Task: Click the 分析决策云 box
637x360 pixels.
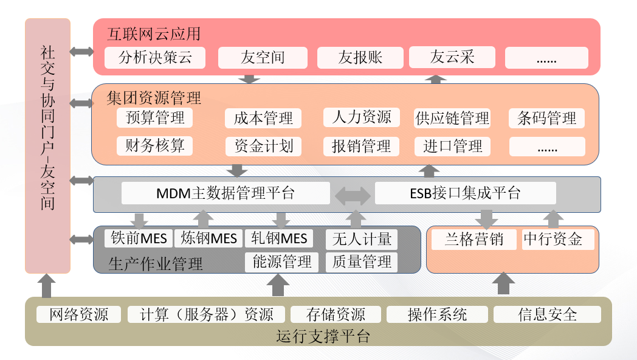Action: [x=155, y=58]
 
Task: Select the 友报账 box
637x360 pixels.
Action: [x=360, y=58]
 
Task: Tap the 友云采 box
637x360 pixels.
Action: [x=452, y=58]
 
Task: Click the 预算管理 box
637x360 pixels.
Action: [x=155, y=117]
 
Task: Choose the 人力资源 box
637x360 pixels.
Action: [x=362, y=117]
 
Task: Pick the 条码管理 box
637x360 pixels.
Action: [x=546, y=118]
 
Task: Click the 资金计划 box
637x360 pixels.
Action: [x=263, y=147]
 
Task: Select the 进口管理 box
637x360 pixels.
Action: [x=453, y=147]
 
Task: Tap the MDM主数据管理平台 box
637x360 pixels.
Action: [x=226, y=193]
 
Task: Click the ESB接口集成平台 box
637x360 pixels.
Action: [x=465, y=193]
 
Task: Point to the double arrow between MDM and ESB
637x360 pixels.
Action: [x=353, y=195]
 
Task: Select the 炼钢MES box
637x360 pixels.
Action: [x=208, y=238]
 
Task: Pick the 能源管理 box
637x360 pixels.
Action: [x=281, y=262]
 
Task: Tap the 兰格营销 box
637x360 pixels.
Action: [x=474, y=239]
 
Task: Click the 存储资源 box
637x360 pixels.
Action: [x=336, y=314]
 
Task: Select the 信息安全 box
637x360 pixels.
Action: [x=547, y=314]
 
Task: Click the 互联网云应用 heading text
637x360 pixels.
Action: [x=154, y=33]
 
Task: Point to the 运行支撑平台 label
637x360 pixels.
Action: [x=323, y=336]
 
